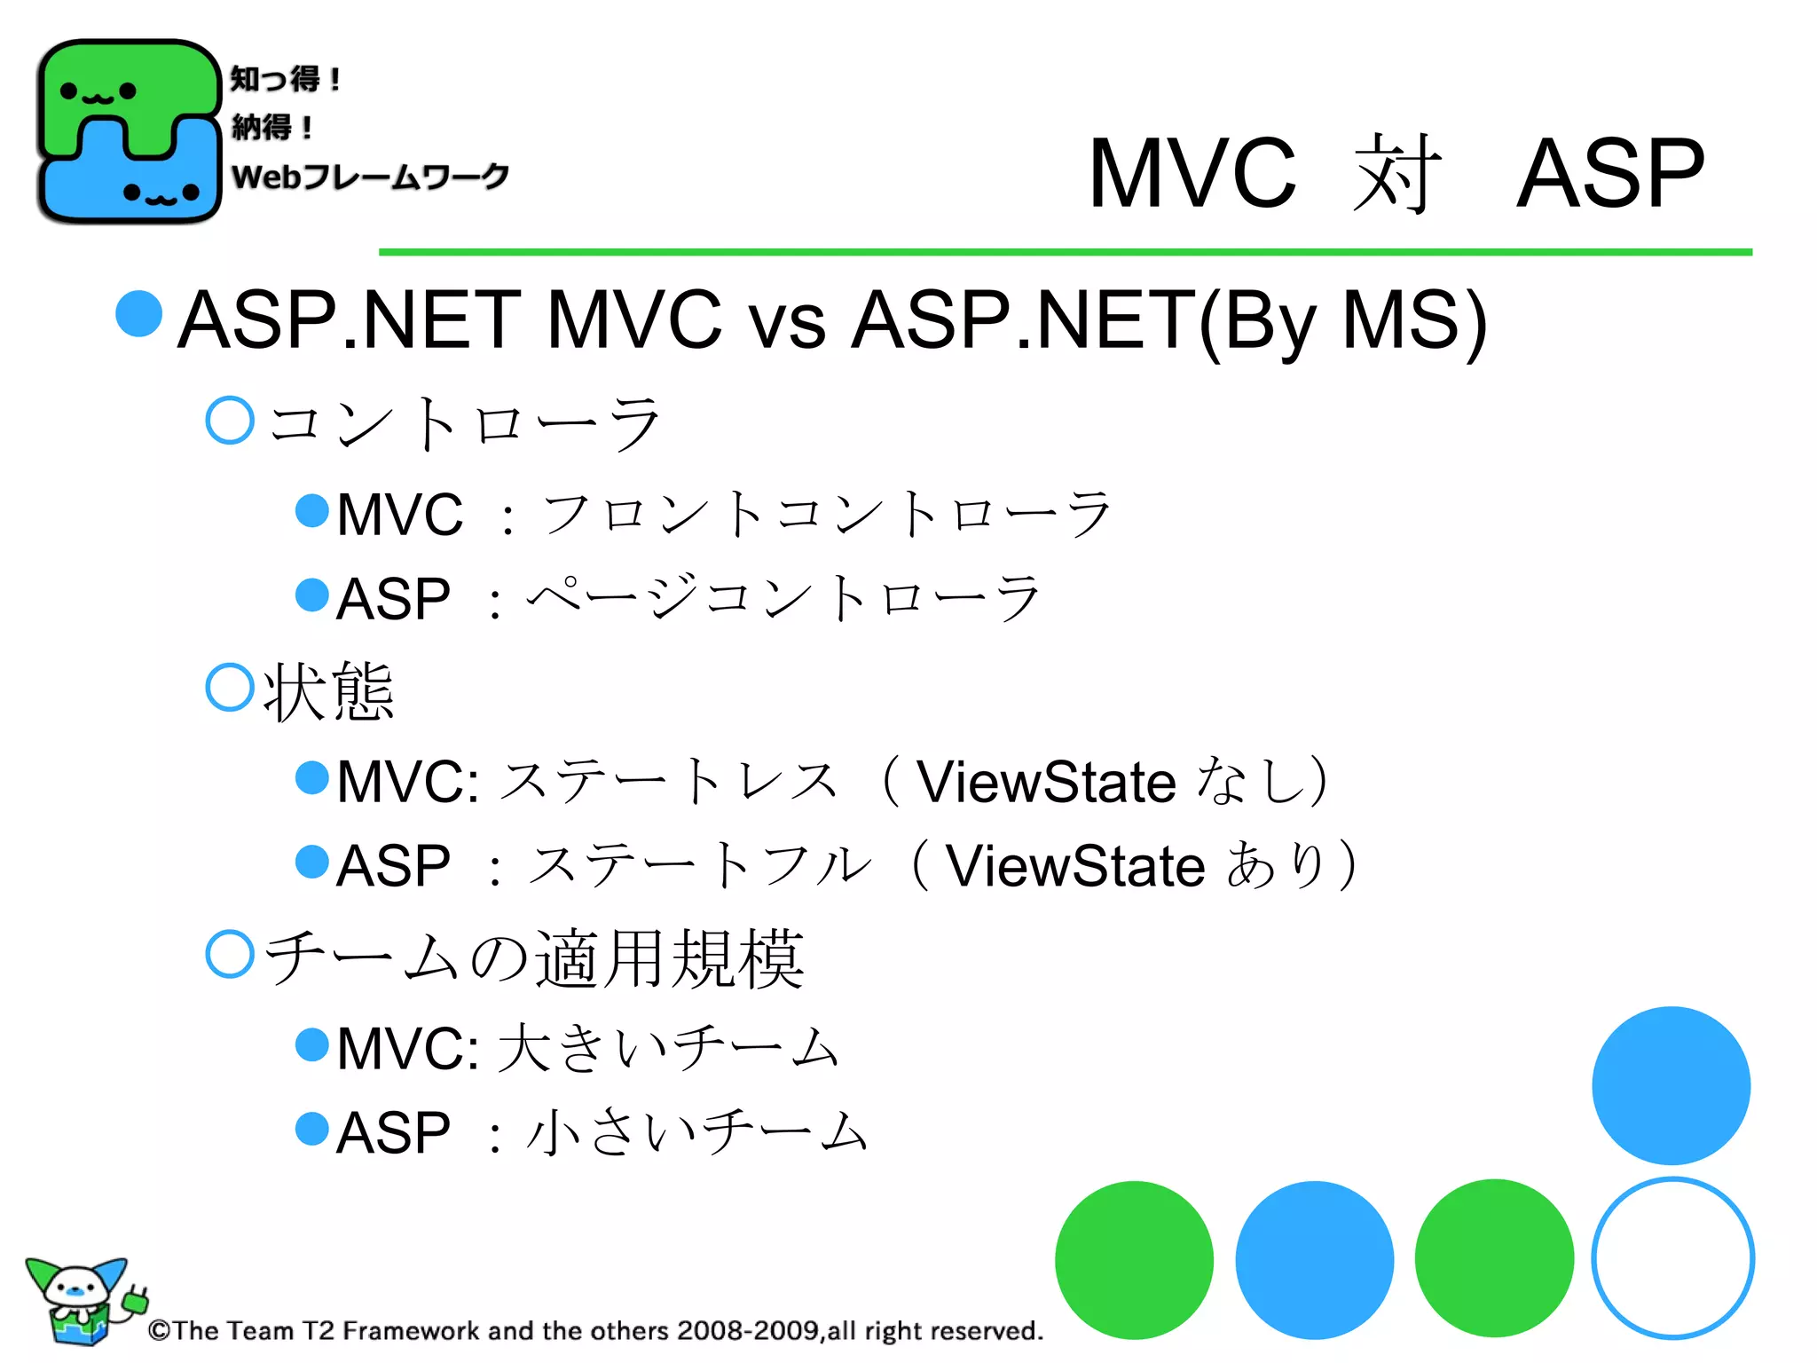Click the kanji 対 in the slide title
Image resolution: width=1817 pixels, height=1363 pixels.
click(x=1396, y=175)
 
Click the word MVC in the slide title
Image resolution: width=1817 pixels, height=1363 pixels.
click(x=1192, y=175)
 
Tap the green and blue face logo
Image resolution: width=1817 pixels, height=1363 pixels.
click(x=129, y=131)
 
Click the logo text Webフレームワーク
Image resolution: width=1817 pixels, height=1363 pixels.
click(x=370, y=176)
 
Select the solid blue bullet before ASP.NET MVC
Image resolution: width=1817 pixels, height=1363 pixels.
click(x=139, y=313)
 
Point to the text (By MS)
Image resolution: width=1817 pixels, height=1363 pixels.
click(x=1342, y=321)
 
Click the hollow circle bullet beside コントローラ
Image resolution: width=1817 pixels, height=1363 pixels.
click(x=230, y=420)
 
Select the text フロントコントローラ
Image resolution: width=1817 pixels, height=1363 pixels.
click(x=827, y=514)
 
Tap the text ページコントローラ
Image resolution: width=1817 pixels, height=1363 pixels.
click(x=784, y=599)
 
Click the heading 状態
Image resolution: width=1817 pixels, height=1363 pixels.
click(x=328, y=692)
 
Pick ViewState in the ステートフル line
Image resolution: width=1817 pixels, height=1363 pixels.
click(x=1074, y=867)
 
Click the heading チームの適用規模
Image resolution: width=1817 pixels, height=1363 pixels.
click(x=535, y=958)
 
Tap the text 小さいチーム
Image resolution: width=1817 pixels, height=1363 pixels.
click(x=696, y=1133)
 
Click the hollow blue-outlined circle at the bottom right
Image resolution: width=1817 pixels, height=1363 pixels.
click(x=1672, y=1258)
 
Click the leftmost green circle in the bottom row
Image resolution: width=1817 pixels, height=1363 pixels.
click(x=1134, y=1260)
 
